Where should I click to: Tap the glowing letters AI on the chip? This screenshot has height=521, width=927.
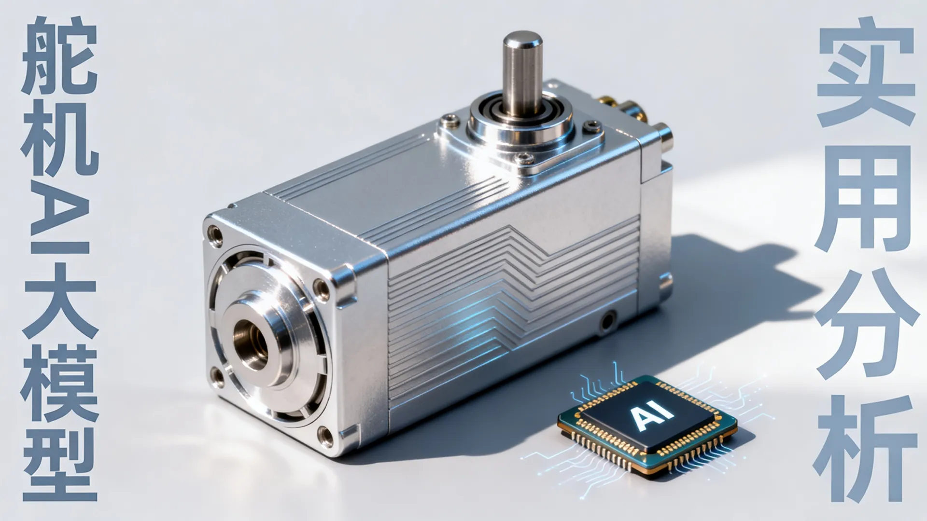point(647,416)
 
